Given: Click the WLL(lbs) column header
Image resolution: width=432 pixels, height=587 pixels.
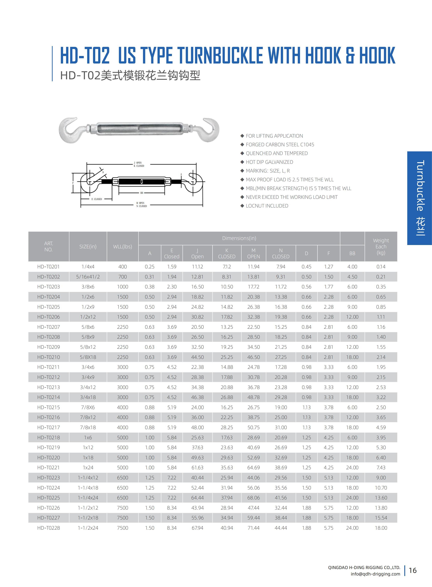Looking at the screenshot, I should click(122, 246).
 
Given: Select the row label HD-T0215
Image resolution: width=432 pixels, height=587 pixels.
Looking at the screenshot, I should click(48, 407).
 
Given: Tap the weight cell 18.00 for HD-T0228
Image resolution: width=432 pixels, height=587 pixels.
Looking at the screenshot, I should click(381, 528).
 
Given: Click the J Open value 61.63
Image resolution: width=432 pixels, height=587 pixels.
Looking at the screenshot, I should click(197, 467).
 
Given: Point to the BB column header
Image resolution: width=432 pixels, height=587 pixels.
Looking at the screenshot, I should click(352, 253).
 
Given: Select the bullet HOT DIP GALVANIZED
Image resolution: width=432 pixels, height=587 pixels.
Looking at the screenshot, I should click(269, 162).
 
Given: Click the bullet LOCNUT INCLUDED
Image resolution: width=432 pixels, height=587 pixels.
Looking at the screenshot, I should click(267, 206).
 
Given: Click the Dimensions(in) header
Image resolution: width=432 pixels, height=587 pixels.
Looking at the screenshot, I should click(239, 238).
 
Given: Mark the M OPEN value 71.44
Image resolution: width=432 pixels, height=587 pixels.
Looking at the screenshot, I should click(253, 528).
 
